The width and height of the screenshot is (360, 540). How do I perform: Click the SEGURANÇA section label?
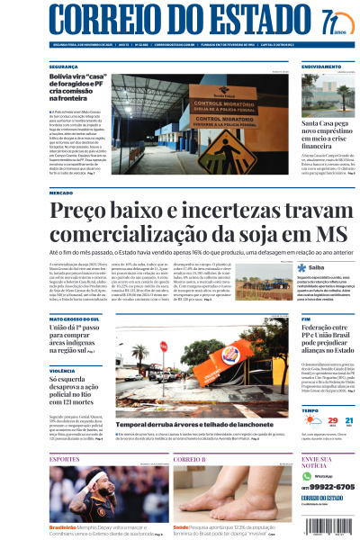(64, 67)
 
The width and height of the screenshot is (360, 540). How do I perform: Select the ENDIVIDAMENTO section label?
(322, 67)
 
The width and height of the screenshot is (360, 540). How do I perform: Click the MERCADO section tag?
(61, 193)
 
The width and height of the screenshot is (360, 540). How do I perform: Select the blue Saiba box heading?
(316, 267)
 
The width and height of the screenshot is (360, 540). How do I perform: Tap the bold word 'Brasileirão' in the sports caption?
(62, 527)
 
